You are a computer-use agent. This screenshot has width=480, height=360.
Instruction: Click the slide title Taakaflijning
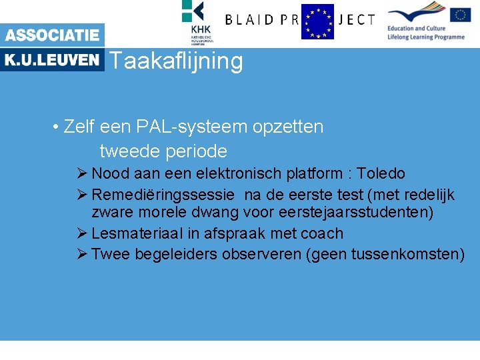click(175, 61)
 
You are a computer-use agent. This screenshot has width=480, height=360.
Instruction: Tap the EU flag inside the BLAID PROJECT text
click(317, 21)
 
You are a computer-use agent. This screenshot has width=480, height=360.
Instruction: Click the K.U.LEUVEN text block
click(52, 60)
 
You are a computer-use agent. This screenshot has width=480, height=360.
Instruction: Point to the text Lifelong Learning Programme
click(426, 37)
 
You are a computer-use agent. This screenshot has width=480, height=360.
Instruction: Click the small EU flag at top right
click(460, 15)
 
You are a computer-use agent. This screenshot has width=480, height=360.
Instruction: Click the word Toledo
click(381, 174)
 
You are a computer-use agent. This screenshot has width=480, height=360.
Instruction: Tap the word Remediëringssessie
click(163, 195)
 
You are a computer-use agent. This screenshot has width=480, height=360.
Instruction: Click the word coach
click(322, 233)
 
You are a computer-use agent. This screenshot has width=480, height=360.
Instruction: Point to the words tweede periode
click(163, 151)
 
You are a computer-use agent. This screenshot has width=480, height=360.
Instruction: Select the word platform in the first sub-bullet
click(312, 174)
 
